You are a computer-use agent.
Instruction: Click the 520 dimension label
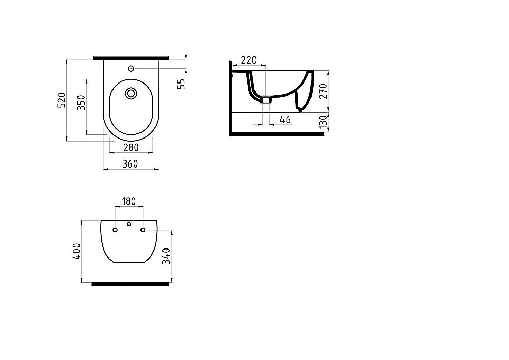[x=61, y=100]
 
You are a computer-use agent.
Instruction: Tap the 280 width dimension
[x=131, y=148]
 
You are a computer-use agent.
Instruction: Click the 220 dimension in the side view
[x=248, y=60]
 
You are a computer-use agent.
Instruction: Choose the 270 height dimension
[x=323, y=90]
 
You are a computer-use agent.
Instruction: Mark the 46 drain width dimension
[x=285, y=119]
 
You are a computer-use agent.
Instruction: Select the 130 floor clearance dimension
[x=323, y=123]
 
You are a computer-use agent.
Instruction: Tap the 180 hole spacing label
[x=129, y=202]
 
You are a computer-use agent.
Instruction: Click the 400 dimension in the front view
[x=77, y=252]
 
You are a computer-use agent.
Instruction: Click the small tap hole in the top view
[x=131, y=68]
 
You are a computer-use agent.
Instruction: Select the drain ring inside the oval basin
[x=131, y=93]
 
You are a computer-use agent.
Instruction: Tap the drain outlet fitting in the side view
[x=265, y=99]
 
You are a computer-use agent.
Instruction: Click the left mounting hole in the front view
[x=115, y=230]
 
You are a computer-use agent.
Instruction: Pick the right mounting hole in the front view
[x=144, y=230]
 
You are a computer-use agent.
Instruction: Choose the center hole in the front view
[x=129, y=224]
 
